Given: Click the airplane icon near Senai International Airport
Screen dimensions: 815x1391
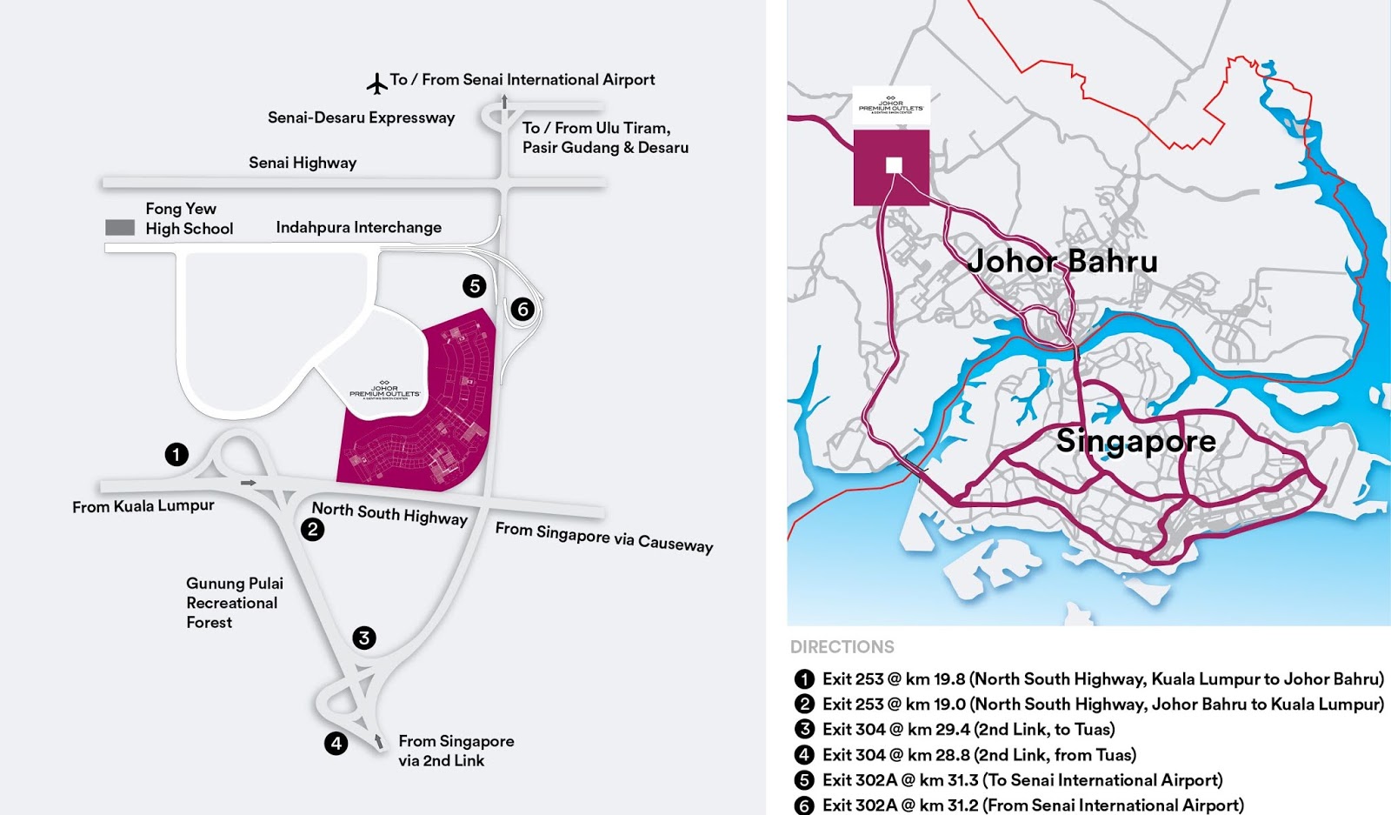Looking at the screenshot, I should (x=376, y=84).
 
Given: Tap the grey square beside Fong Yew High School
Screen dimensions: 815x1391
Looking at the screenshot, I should (x=120, y=228).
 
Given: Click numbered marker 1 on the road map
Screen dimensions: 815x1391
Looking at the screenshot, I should (x=176, y=454).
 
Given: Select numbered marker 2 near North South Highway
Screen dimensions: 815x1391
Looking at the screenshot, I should (x=312, y=529).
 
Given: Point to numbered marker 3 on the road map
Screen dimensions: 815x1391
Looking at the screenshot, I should (x=364, y=638).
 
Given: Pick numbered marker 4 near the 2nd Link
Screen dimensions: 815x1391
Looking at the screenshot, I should (x=336, y=743).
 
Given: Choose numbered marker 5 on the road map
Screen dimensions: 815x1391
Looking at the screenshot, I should (x=474, y=285).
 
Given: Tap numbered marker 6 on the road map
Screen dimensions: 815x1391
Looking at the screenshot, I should (x=522, y=309).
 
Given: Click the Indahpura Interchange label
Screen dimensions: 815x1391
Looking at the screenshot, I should (x=358, y=227).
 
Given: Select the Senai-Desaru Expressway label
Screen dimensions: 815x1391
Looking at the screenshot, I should (x=361, y=117).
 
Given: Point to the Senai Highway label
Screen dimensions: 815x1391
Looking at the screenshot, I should (x=303, y=163).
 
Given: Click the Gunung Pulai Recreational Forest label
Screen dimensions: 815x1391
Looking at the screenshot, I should (x=234, y=603).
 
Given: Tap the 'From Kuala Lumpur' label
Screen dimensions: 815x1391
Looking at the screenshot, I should (x=143, y=506).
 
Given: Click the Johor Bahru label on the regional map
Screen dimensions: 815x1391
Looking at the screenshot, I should (x=1062, y=261).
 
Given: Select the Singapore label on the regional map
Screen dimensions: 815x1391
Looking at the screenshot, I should (x=1135, y=441).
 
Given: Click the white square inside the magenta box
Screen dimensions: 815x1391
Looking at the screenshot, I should (x=894, y=165).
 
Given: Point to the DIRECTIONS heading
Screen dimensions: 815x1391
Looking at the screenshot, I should (x=842, y=647).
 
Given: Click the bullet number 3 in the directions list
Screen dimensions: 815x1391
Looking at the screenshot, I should (x=804, y=729).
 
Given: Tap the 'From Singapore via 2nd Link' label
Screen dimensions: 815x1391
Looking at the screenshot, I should (x=456, y=751).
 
